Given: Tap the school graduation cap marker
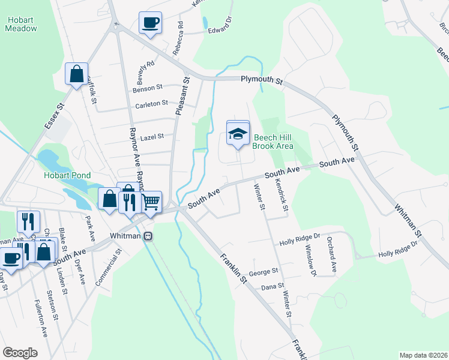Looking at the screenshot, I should coord(238,134).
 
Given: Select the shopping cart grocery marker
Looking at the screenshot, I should coord(151,203).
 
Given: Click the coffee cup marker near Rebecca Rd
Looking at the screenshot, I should coord(150,23).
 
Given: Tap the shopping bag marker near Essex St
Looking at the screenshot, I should coord(77,74).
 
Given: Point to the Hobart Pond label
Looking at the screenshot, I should coord(67,175).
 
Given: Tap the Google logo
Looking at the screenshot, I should coord(20,353).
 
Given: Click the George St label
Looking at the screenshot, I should coord(267,271).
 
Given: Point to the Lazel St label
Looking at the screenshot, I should coord(152,137).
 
